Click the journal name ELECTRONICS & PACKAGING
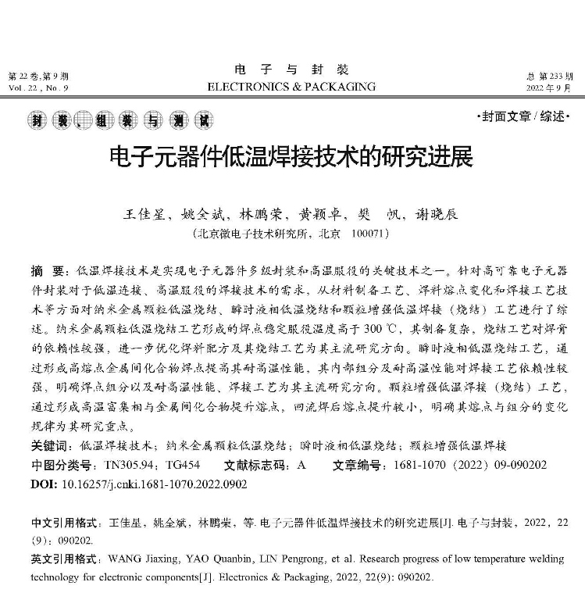[x=291, y=87]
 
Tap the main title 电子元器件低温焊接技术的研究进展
[x=291, y=159]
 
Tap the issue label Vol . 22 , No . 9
[x=38, y=89]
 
